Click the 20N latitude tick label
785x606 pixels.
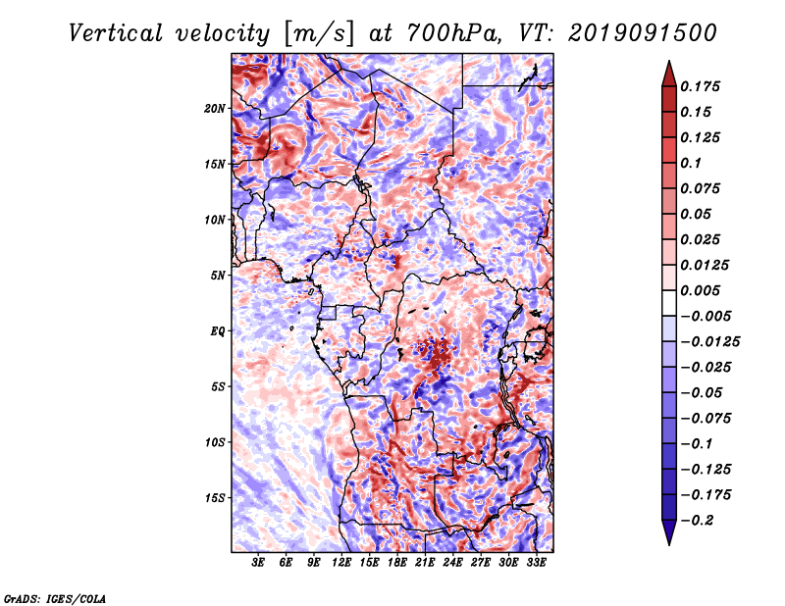point(215,109)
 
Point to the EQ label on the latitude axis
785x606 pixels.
point(217,331)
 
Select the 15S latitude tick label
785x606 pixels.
point(215,498)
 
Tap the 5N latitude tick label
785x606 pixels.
point(218,276)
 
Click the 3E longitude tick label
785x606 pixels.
point(258,563)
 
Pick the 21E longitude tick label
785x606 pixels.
point(425,563)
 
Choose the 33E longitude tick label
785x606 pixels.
point(536,563)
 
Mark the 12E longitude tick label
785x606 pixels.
point(341,563)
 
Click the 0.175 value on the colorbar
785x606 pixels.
point(700,86)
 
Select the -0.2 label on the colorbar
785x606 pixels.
point(697,521)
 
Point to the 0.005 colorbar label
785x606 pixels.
point(700,290)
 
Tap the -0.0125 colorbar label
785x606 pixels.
point(709,342)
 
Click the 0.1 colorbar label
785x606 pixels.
point(691,163)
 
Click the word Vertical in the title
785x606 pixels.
point(116,33)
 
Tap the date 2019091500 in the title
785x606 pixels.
point(643,33)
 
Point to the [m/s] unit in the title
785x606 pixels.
point(319,34)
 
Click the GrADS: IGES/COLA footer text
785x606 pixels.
point(55,598)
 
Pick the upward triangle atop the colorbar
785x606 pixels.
point(669,74)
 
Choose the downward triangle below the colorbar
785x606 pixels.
point(669,532)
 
